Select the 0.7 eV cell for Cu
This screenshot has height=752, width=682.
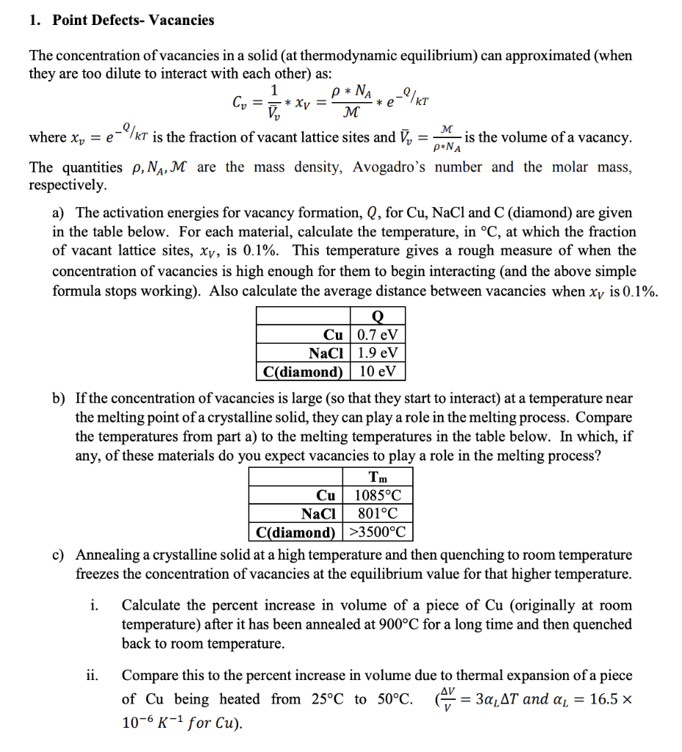[378, 336]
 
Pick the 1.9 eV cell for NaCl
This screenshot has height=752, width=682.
[378, 353]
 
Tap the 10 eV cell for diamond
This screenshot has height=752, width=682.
[378, 371]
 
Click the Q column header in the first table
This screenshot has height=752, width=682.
[378, 317]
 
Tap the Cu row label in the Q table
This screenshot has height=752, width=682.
[334, 336]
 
